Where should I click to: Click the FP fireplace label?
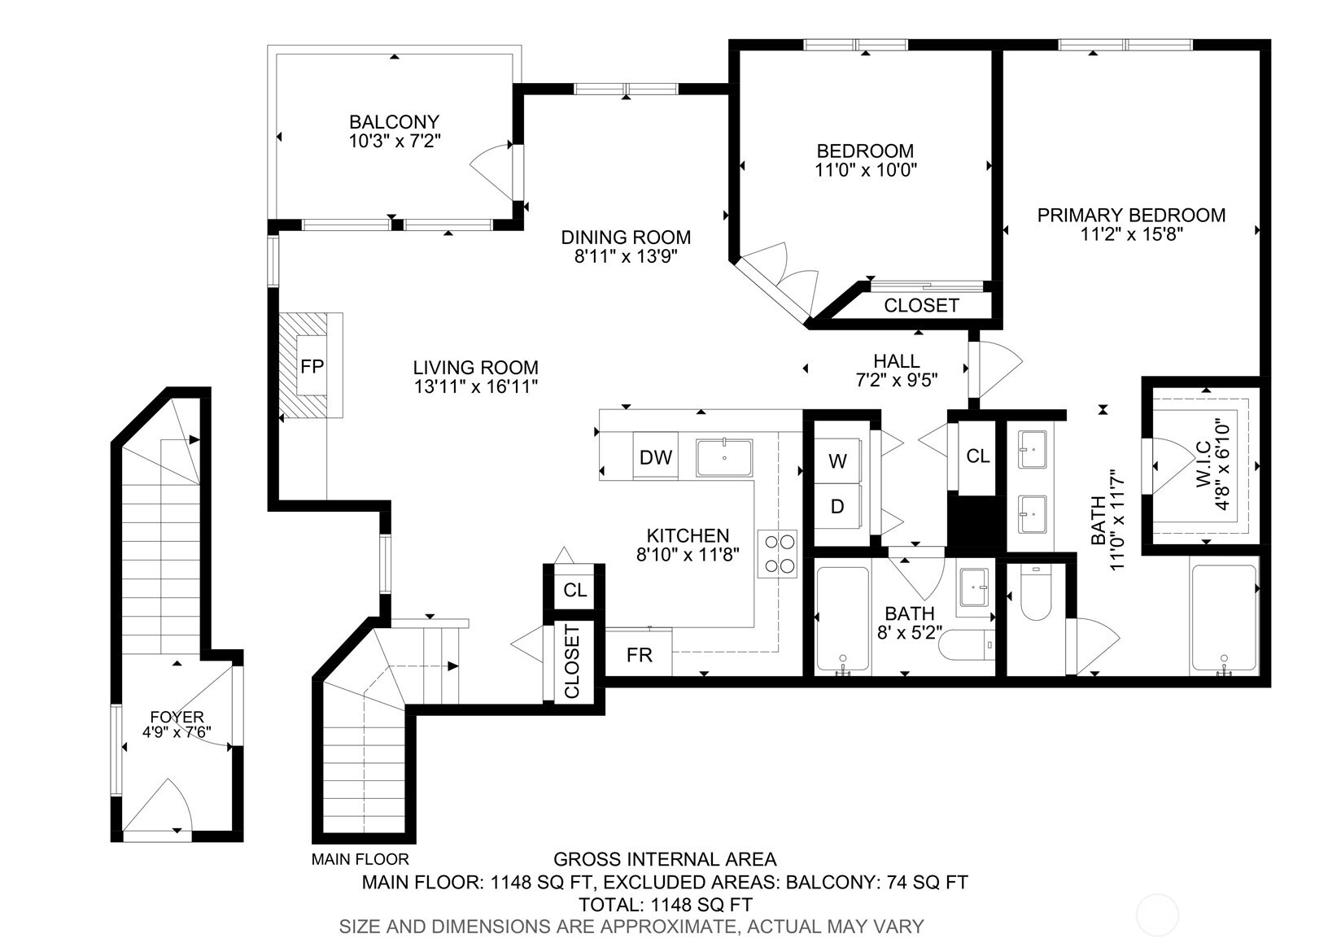(312, 366)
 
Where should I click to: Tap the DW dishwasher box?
(655, 457)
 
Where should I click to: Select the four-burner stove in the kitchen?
(777, 554)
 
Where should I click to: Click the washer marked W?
(837, 461)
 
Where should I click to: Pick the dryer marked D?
(837, 507)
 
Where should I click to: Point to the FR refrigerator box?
(640, 654)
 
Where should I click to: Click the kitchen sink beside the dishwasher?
(724, 457)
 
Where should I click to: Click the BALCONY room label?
(394, 122)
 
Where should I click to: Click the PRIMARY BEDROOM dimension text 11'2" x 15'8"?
(1131, 234)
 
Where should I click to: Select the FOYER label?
(177, 717)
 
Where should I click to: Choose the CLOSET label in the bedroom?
(921, 305)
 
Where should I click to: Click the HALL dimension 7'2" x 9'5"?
(896, 379)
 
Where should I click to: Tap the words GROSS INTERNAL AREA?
(664, 859)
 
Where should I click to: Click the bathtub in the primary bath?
(1224, 618)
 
